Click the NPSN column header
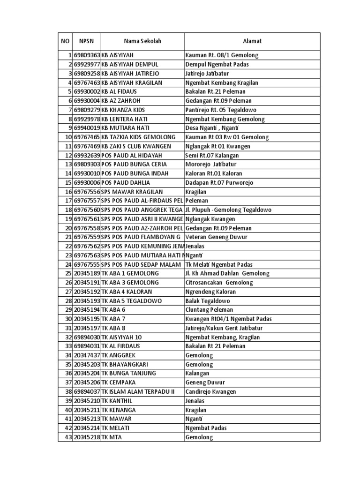[87, 42]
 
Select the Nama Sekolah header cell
[142, 42]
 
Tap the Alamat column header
[252, 42]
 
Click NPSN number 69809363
[87, 55]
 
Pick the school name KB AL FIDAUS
[121, 92]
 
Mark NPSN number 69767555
[87, 265]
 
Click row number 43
[67, 437]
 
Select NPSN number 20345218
[87, 437]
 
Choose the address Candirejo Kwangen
[210, 392]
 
